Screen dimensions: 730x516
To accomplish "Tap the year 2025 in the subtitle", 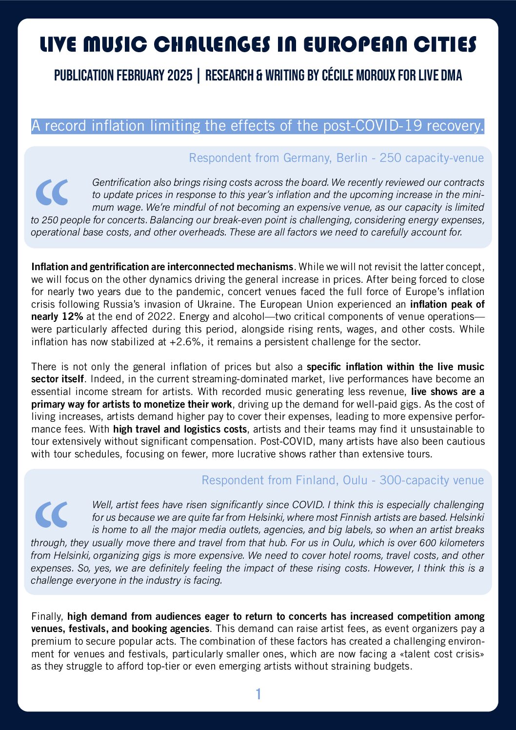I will click(179, 76).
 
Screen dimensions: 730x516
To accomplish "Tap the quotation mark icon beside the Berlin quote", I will click(52, 192).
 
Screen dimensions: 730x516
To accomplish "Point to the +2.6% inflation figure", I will click(186, 342).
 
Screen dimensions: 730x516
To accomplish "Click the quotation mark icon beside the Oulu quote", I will click(52, 514).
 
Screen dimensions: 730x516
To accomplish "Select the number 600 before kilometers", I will click(428, 543).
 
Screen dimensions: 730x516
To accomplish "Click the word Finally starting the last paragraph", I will click(47, 616).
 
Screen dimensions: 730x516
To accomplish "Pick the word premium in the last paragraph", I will click(48, 641).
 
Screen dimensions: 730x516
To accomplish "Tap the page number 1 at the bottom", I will click(258, 694).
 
